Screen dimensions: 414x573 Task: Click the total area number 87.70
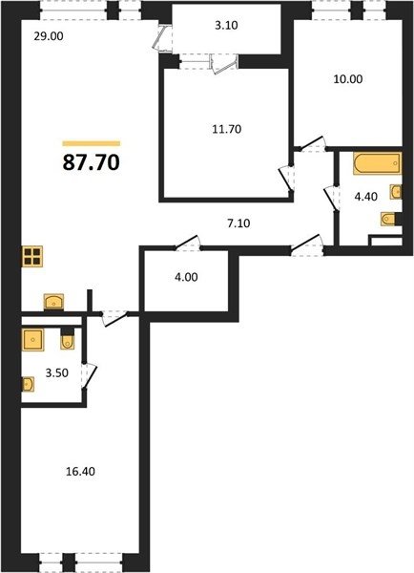[x=92, y=162]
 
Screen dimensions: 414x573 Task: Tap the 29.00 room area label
[x=49, y=36]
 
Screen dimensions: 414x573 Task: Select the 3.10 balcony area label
[x=226, y=25]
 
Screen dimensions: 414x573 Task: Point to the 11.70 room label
[x=227, y=129]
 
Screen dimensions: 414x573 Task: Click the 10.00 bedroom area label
[x=348, y=79]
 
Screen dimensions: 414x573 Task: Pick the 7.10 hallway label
[x=238, y=223]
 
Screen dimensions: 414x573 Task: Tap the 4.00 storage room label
[x=186, y=277]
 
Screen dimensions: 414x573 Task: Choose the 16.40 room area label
[x=80, y=472]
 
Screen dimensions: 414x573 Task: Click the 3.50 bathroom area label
[x=57, y=373]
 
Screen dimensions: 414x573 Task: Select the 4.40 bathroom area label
[x=366, y=197]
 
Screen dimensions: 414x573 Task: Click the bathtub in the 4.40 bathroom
[x=377, y=163]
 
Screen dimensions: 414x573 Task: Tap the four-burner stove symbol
[x=32, y=257]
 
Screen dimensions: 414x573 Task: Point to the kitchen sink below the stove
[x=53, y=302]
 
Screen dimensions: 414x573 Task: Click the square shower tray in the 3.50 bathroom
[x=32, y=340]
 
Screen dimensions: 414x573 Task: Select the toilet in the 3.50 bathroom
[x=67, y=339]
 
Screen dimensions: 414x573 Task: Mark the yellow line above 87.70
[x=92, y=143]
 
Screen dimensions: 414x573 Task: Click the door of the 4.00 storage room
[x=187, y=243]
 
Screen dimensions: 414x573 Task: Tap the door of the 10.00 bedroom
[x=312, y=143]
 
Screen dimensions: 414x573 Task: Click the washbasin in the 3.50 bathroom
[x=28, y=385]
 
